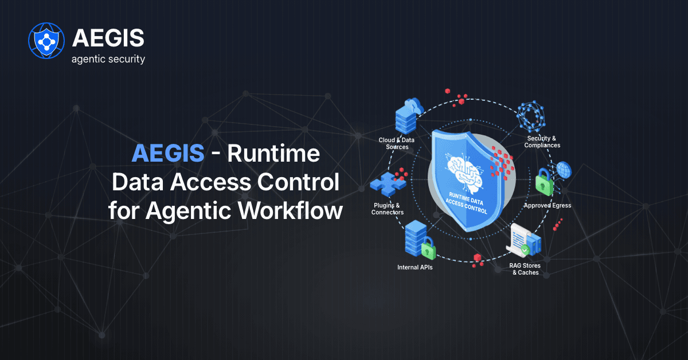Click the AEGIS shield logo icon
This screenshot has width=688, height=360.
click(46, 41)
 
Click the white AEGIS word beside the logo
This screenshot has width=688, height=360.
click(108, 38)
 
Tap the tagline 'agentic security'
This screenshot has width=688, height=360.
click(108, 59)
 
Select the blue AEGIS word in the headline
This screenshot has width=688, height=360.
click(168, 153)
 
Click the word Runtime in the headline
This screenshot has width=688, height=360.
click(273, 153)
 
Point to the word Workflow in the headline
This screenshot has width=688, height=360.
click(290, 211)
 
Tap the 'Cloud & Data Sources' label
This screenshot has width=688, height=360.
click(397, 143)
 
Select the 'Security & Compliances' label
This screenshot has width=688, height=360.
click(542, 142)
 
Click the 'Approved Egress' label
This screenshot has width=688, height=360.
click(548, 205)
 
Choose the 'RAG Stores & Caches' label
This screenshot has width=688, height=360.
click(525, 269)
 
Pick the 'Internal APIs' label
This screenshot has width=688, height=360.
click(415, 268)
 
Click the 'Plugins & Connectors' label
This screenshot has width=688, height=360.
click(388, 209)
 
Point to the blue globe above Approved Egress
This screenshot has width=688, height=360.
click(564, 170)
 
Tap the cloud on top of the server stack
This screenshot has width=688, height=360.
click(414, 105)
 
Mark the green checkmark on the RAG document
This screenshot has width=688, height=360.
click(525, 249)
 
